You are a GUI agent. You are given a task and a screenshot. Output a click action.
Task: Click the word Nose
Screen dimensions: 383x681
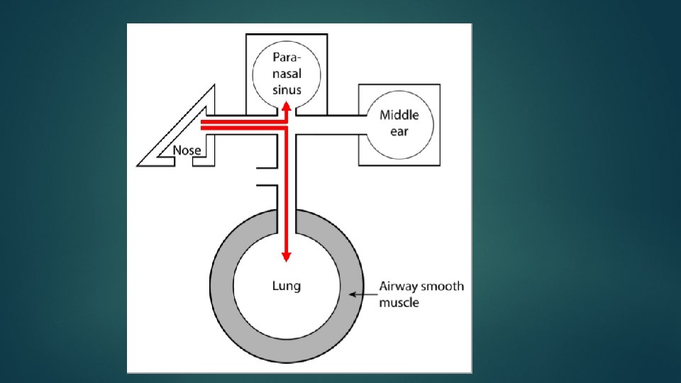(187, 150)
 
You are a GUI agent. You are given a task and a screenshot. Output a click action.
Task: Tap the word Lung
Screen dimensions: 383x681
(286, 286)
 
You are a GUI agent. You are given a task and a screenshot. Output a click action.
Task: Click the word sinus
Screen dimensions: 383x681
(287, 90)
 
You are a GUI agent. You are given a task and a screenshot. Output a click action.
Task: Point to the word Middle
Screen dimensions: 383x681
(399, 115)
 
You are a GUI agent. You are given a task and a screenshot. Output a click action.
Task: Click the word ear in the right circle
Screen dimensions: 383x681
(399, 132)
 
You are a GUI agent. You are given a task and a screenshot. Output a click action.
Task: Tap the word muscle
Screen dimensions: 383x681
(399, 303)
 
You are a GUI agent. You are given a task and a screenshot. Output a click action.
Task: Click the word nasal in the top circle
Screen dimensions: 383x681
(287, 73)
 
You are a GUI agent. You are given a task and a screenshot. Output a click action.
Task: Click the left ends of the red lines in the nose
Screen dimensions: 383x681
(203, 126)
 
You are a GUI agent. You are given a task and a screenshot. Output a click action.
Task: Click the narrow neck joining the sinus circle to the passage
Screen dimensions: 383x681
(286, 110)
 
